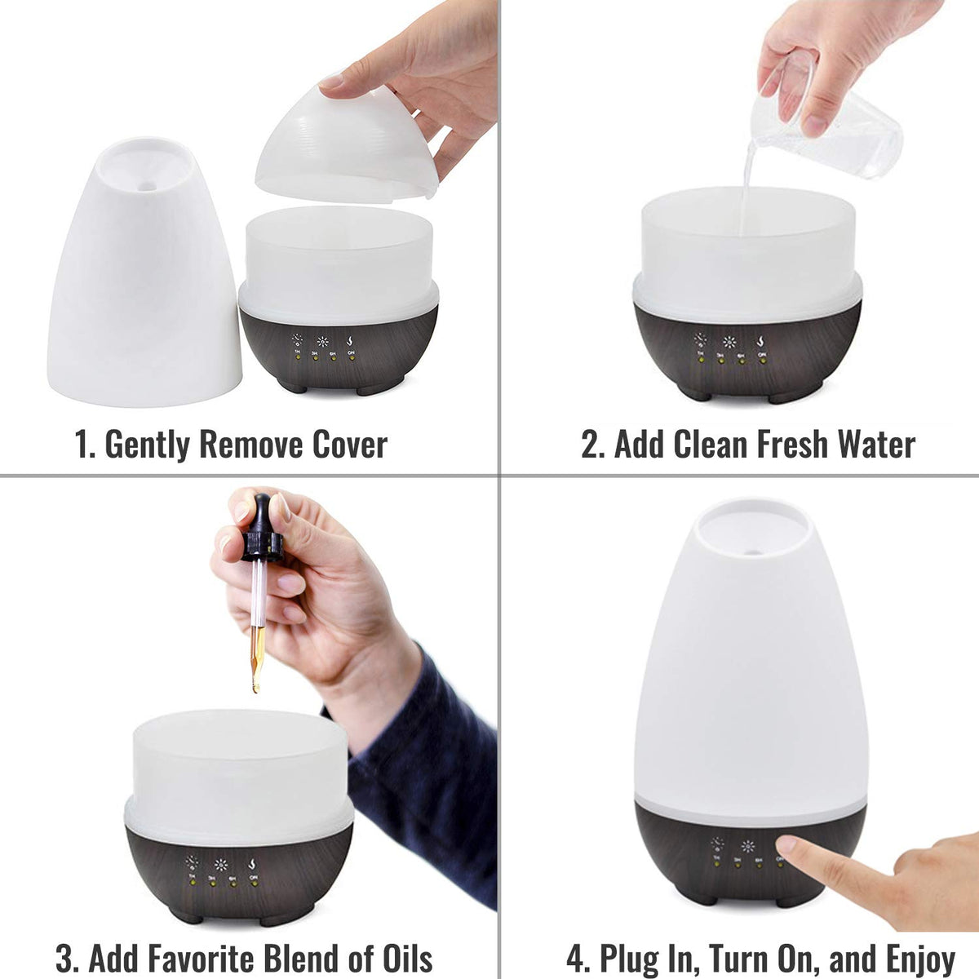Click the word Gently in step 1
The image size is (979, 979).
pos(148,445)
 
